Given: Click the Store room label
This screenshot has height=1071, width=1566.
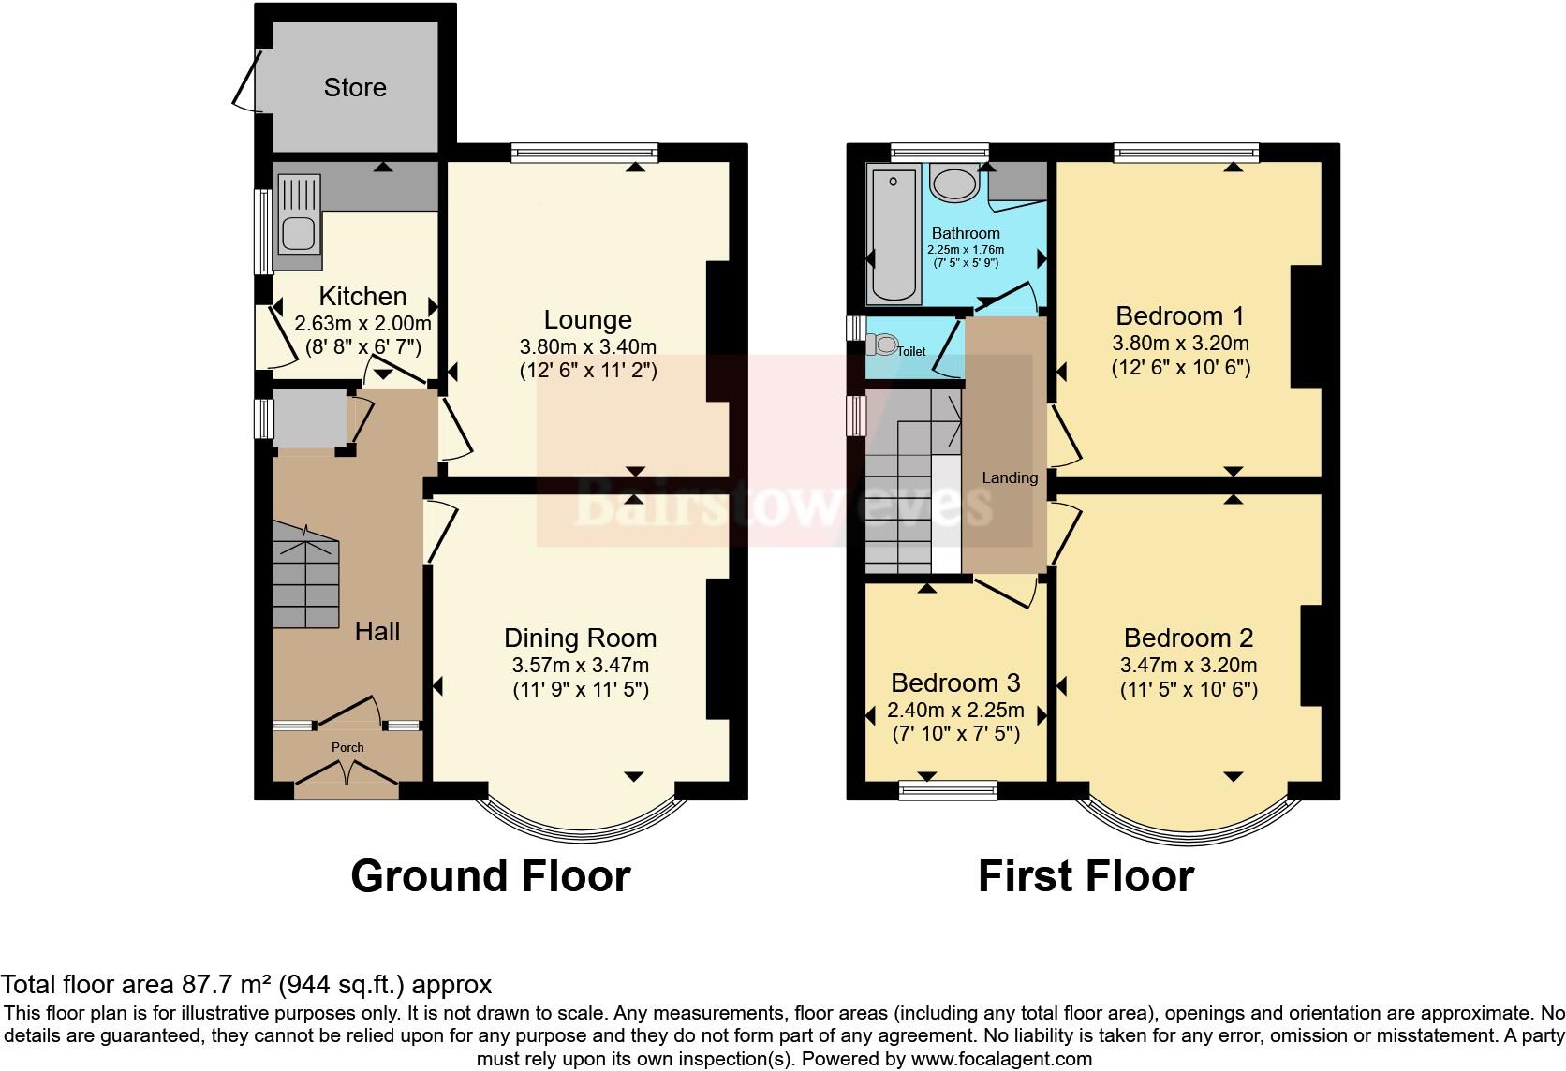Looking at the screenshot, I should [x=355, y=87].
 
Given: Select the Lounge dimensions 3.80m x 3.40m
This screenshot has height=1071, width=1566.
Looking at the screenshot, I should [x=588, y=345].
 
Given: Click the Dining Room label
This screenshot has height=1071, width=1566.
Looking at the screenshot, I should [x=580, y=638].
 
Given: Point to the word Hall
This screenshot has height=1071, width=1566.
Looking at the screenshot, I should [x=377, y=632].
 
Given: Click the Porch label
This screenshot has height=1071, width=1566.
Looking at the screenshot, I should [x=347, y=747].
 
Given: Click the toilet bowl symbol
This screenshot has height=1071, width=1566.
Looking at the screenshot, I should [x=883, y=345].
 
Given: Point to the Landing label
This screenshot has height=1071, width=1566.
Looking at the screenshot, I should [x=1009, y=478].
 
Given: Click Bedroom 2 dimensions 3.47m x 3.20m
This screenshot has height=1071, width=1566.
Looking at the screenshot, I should [x=1188, y=666].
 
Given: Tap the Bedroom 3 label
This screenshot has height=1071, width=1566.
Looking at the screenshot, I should [x=954, y=682].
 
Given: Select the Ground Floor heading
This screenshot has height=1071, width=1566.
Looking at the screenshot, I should [x=490, y=877].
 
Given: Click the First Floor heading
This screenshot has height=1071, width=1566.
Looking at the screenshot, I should [x=1086, y=877].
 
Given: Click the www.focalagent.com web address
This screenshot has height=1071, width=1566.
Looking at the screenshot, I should [x=1000, y=1059].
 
